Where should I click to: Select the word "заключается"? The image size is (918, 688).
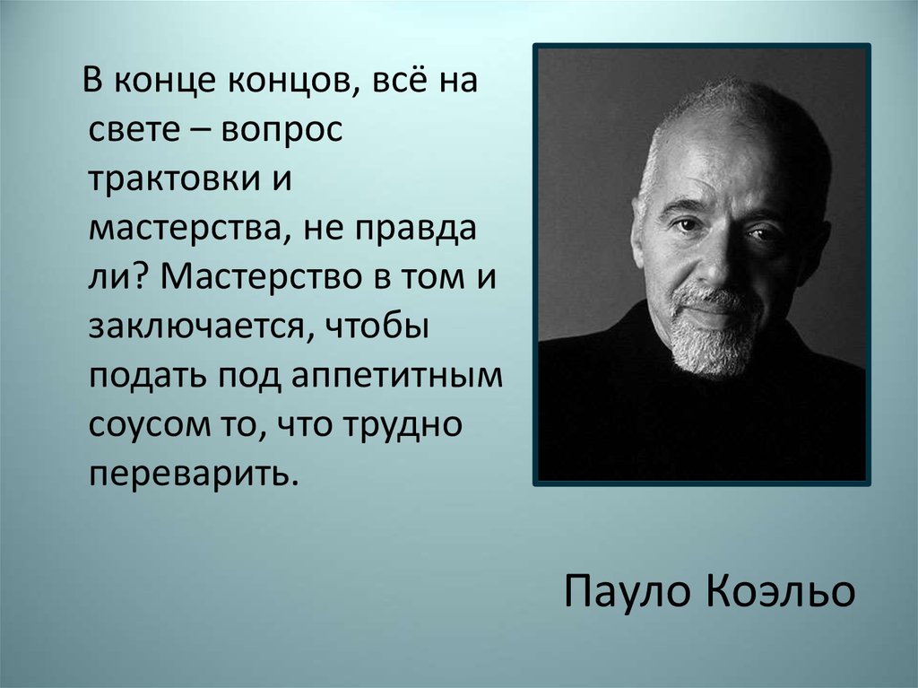tap(196, 327)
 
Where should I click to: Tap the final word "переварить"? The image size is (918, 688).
tap(190, 475)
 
